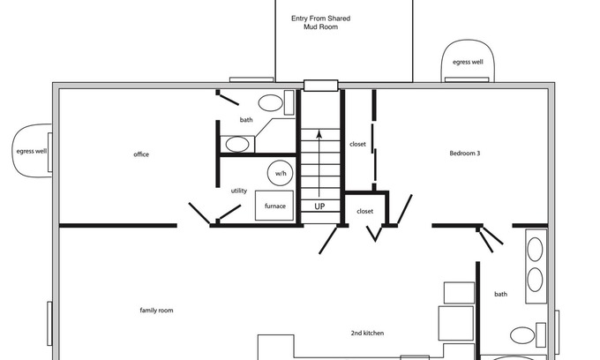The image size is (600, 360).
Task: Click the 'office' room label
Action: [x=141, y=154]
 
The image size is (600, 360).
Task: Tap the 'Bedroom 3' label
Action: [x=464, y=153]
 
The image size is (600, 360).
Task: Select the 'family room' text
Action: [x=156, y=311]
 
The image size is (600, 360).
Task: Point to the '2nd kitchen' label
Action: [x=367, y=333]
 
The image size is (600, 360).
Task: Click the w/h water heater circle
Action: [x=280, y=173]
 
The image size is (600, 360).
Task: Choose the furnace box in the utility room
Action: [x=274, y=206]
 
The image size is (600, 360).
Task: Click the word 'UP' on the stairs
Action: [x=319, y=206]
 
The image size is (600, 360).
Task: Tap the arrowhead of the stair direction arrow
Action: [x=319, y=134]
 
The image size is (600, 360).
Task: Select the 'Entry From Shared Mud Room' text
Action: [x=320, y=23]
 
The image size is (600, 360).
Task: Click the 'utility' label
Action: [x=239, y=191]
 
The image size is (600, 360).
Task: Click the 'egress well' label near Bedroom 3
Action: [x=468, y=62]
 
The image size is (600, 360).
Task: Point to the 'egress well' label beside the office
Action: [x=32, y=151]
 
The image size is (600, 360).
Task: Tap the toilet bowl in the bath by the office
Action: [x=271, y=103]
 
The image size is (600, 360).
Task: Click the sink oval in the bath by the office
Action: [x=237, y=144]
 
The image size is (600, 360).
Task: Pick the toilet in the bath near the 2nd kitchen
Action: [x=522, y=335]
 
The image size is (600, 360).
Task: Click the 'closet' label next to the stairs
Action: [x=357, y=144]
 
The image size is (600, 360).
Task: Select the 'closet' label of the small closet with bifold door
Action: [x=364, y=211]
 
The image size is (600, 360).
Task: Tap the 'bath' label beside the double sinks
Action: [x=500, y=294]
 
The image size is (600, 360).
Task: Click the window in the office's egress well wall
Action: [x=49, y=152]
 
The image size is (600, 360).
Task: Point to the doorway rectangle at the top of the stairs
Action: [x=321, y=86]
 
